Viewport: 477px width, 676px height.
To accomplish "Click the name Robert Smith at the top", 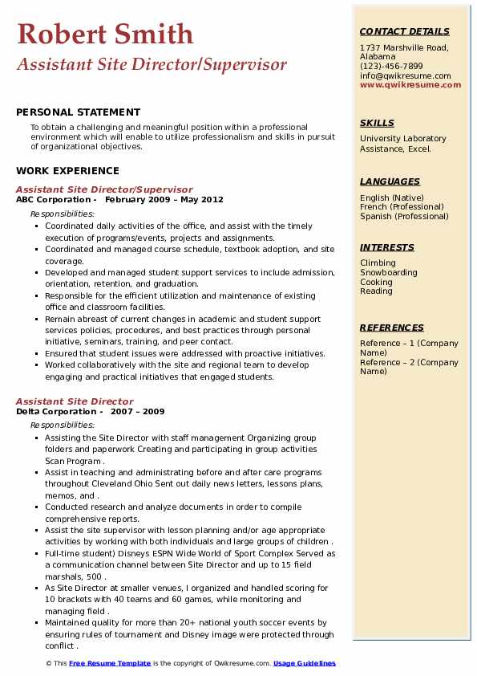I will click(x=105, y=34).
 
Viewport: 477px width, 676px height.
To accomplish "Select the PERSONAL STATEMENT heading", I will click(x=78, y=112).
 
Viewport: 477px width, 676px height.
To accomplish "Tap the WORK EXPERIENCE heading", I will click(x=67, y=170).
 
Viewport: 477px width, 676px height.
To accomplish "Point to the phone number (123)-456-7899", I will click(x=391, y=66).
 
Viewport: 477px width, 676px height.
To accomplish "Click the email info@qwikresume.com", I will click(x=405, y=75).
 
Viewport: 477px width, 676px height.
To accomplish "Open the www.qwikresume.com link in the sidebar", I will click(x=410, y=84).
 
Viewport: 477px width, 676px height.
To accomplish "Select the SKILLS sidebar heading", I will click(x=377, y=123).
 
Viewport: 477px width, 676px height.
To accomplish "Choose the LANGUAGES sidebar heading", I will click(x=390, y=181).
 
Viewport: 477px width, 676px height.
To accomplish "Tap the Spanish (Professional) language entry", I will click(x=405, y=216).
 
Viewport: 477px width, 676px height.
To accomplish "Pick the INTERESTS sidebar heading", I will click(x=387, y=247).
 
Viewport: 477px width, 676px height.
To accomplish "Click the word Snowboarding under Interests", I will click(x=389, y=272).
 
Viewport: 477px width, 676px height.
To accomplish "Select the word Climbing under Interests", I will click(x=378, y=263).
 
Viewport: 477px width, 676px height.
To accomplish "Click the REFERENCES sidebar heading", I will click(x=392, y=328).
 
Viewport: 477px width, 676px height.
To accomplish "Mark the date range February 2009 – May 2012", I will click(x=164, y=199).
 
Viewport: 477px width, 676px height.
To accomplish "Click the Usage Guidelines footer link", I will click(x=305, y=663).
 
